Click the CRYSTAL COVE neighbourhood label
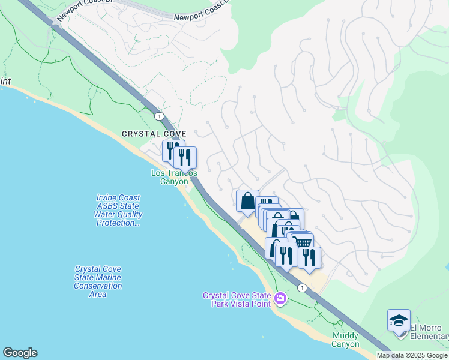pyautogui.click(x=154, y=134)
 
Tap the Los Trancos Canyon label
pyautogui.click(x=174, y=177)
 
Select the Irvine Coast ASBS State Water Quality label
pyautogui.click(x=118, y=210)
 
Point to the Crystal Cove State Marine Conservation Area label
pyautogui.click(x=98, y=282)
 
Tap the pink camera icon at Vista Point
pyautogui.click(x=280, y=298)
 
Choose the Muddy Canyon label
pyautogui.click(x=345, y=340)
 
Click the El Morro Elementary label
pyautogui.click(x=429, y=331)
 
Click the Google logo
pyautogui.click(x=20, y=353)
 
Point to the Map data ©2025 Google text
pyautogui.click(x=412, y=355)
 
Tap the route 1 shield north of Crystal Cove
pyautogui.click(x=158, y=115)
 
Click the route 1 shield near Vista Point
pyautogui.click(x=302, y=288)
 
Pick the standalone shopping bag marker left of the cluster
pyautogui.click(x=247, y=201)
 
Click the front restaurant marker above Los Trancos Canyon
pyautogui.click(x=185, y=157)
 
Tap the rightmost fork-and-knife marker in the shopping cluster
pyautogui.click(x=309, y=257)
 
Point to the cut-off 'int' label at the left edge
pyautogui.click(x=5, y=81)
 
